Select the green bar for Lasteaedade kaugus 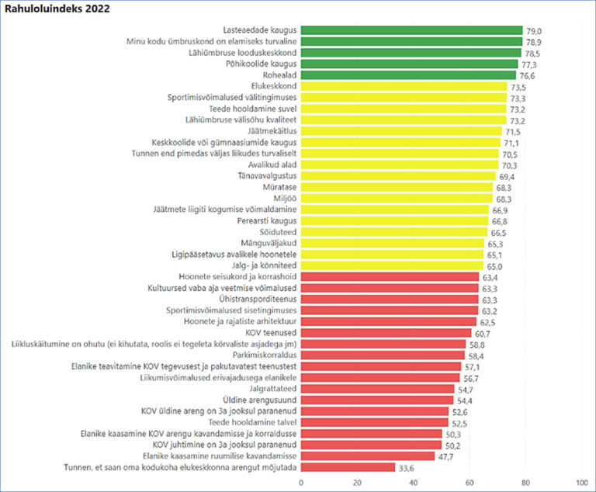coord(411,30)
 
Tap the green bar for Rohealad coord(408,75)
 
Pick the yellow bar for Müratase coord(397,187)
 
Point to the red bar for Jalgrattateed coord(377,388)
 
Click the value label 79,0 coord(534,30)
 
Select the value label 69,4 coord(508,176)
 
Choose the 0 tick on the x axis coord(301,482)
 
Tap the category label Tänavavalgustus coord(262,176)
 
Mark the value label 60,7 coord(483,332)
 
